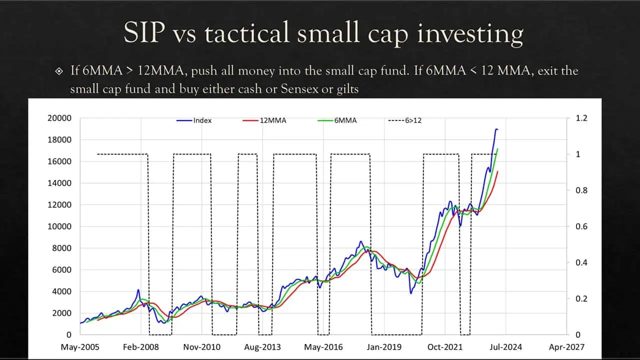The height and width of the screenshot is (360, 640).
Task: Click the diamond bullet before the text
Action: tap(58, 71)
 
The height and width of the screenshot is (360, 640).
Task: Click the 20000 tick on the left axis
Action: tap(59, 118)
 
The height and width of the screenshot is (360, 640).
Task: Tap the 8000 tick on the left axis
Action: tap(62, 248)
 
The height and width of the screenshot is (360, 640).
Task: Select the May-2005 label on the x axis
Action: tap(80, 346)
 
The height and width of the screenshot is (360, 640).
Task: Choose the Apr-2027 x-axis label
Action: tap(566, 346)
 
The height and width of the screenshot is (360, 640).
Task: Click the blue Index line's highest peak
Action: tap(496, 129)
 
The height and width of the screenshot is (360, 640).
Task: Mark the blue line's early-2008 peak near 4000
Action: tap(138, 289)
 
